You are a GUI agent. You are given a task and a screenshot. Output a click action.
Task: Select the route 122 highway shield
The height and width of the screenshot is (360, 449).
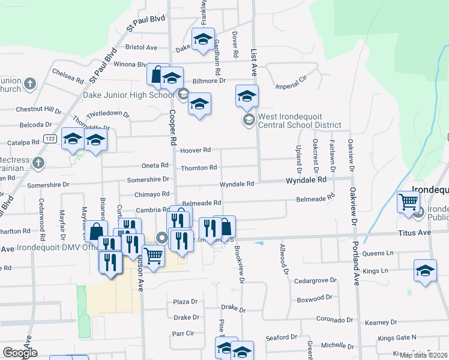(x=50, y=139)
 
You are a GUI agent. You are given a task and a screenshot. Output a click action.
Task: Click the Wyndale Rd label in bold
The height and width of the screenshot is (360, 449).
(x=306, y=179)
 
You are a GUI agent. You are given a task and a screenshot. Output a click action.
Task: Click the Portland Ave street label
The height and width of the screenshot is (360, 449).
(x=356, y=263)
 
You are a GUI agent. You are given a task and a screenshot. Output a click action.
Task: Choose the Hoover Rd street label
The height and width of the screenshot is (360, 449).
(x=197, y=150)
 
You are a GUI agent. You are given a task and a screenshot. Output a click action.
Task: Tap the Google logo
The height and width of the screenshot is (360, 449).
(x=19, y=352)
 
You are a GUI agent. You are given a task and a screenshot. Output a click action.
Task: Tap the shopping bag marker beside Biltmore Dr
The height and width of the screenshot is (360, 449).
(x=157, y=74)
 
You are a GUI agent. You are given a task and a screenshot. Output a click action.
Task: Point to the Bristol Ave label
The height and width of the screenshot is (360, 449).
(x=141, y=47)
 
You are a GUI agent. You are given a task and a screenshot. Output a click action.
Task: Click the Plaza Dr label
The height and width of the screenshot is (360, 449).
(x=185, y=302)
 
